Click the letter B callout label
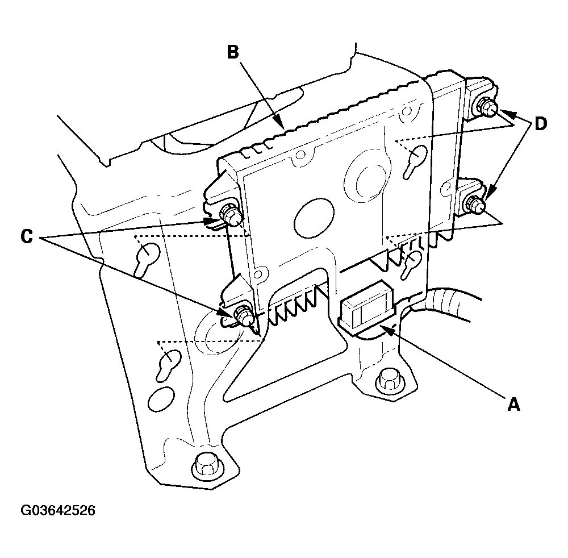click(x=233, y=52)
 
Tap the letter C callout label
click(x=27, y=237)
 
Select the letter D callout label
click(x=541, y=124)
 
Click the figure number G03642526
click(x=58, y=510)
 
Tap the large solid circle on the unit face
click(x=314, y=219)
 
